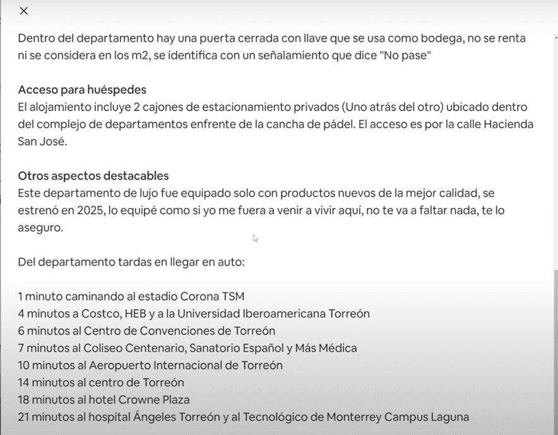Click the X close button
coord(24,11)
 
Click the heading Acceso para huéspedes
coord(82,90)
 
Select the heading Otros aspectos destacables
coord(93,176)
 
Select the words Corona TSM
coord(212,296)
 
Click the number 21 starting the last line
coord(24,417)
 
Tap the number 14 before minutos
coord(24,383)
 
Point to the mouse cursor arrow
coord(255,238)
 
